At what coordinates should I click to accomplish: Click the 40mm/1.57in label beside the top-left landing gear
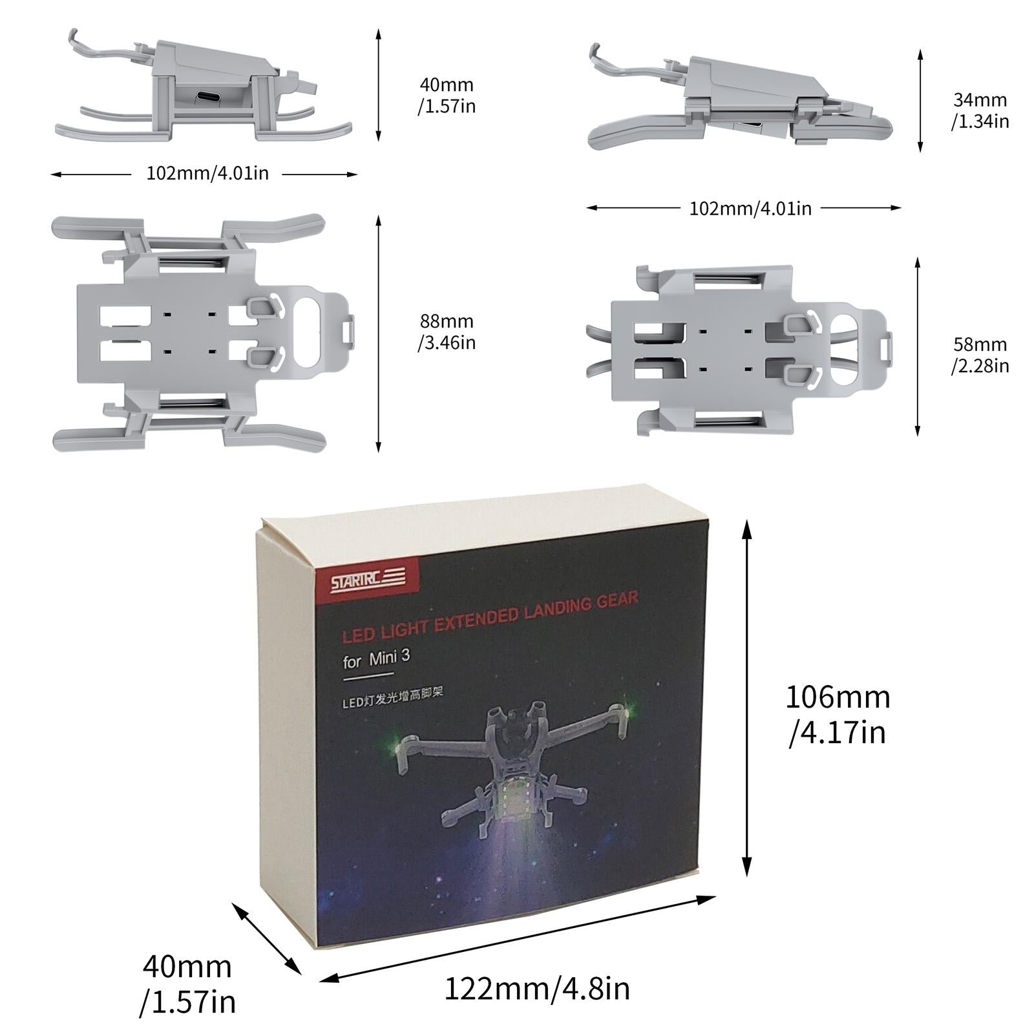pos(447,95)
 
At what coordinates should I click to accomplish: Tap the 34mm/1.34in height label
pos(980,111)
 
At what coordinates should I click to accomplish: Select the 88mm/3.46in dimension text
pos(447,332)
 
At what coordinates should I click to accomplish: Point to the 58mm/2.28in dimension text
pos(980,355)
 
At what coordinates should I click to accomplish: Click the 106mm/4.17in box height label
pos(838,715)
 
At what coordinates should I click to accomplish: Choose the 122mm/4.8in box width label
pos(536,989)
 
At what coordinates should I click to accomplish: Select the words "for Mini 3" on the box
pos(376,659)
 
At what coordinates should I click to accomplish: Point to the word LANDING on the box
pos(557,609)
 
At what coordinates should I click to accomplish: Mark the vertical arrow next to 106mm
pos(747,698)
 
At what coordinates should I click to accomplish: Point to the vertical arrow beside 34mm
pos(920,100)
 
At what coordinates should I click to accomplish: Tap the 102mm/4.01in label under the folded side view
pos(750,208)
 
